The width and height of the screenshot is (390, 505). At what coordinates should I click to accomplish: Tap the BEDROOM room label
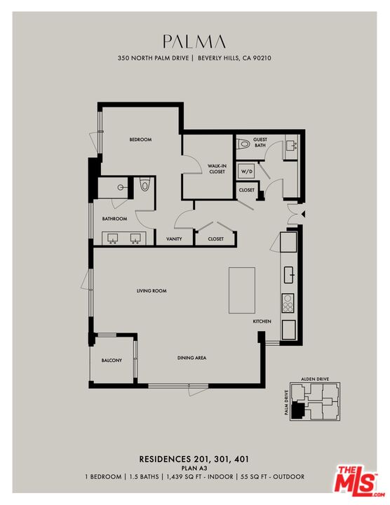point(140,140)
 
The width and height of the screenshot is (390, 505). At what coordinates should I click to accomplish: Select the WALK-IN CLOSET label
point(216,169)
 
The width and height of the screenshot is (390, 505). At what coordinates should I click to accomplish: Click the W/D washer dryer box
point(246,171)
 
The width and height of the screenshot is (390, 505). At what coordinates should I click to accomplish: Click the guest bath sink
point(291,146)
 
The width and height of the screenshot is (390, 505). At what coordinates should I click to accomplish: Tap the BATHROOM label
point(114,219)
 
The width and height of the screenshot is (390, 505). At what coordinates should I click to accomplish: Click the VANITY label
point(174,239)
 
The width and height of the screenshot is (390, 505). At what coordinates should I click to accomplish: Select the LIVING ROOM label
point(151,290)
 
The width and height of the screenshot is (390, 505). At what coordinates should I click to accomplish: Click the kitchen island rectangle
point(243,290)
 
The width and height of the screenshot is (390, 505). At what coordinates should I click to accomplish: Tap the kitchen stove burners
point(288,303)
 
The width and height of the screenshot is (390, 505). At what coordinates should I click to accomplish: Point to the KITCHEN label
point(262,321)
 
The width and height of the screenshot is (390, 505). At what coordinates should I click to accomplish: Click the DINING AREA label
point(191,358)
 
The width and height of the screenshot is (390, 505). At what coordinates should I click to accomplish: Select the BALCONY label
point(112,361)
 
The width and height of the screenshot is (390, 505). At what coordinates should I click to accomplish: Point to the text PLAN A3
point(194,468)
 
